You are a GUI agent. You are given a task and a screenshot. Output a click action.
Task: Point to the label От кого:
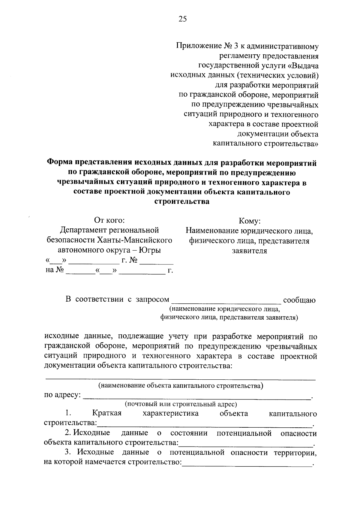point(109,221)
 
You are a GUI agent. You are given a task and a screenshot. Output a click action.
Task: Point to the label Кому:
point(249,221)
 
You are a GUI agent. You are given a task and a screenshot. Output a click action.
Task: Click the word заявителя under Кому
point(249,251)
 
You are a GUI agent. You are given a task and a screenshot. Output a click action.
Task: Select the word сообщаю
point(299,300)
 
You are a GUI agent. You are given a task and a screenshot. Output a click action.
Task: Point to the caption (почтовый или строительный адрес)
point(181,404)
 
